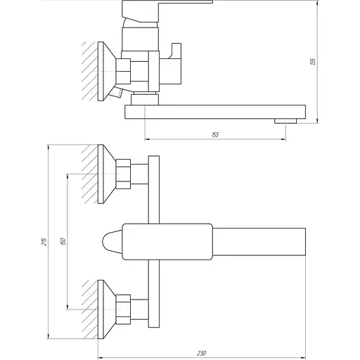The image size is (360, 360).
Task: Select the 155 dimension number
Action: coord(214,134)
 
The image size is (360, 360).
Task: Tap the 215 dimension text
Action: coord(44,241)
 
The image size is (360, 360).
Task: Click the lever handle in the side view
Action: coord(167,9)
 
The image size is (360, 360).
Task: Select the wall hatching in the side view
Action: coord(89,67)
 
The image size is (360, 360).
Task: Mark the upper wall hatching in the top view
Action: coord(89,173)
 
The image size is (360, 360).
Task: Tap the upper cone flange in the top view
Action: coord(106,173)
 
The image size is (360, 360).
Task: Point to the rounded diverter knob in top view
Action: coord(110,241)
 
